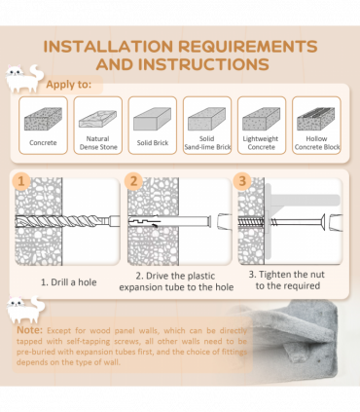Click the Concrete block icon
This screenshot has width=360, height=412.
[43, 119]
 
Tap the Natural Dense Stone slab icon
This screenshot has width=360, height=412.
[97, 119]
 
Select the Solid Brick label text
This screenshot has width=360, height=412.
[153, 143]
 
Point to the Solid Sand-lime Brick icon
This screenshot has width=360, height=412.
[207, 119]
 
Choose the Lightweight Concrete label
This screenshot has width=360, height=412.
[261, 143]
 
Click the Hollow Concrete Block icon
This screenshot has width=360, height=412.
[316, 119]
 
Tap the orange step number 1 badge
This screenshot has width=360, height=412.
[21, 181]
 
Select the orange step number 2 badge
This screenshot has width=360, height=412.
[133, 181]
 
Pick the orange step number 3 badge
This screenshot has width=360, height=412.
[242, 181]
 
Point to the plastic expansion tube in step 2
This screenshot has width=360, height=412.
[169, 221]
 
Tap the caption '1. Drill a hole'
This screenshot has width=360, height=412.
[68, 282]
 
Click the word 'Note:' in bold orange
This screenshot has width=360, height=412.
[29, 330]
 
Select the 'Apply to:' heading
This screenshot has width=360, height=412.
[69, 84]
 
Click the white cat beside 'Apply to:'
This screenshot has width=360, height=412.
[24, 78]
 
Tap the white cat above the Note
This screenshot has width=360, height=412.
[25, 310]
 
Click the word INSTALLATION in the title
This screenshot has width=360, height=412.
[108, 47]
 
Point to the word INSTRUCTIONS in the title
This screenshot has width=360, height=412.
[203, 64]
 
